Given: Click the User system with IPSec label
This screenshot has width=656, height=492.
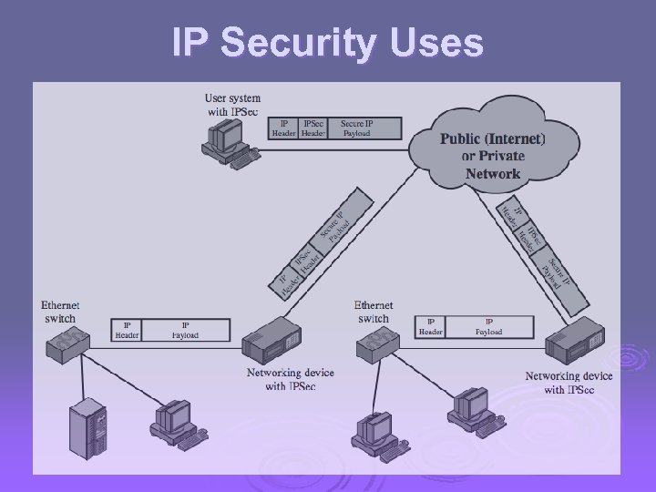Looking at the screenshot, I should pos(232,104).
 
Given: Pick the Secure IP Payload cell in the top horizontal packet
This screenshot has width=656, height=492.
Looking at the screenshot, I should pos(356,128).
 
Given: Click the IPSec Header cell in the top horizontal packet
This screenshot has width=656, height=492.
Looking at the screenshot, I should pos(313,128).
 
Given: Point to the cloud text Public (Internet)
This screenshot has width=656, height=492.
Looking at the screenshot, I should pos(493,139).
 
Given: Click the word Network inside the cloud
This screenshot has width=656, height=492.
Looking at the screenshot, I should pos(493,173).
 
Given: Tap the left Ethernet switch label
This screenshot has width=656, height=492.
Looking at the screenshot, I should pos(60,312).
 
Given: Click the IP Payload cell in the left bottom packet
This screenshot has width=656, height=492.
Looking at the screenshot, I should pos(185,329).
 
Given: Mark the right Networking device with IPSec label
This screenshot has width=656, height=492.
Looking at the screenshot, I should pos(569,383).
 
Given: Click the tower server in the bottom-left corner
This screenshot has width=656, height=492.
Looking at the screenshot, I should pos(90,427).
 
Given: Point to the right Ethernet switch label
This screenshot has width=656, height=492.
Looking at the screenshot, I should pos(374,312).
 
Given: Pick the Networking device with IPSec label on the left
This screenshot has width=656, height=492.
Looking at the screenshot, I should pos(290,379).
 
